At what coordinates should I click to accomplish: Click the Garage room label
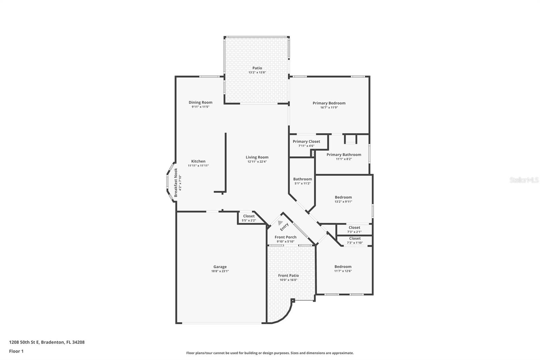(220, 267)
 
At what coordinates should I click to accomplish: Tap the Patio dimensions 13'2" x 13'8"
(257, 72)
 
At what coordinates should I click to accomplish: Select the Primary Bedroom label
(329, 103)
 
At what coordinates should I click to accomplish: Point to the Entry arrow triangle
(280, 223)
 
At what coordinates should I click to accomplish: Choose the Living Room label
(257, 157)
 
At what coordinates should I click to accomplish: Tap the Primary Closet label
(306, 142)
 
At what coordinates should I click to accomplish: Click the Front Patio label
(288, 276)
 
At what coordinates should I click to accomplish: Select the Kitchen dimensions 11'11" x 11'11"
(198, 165)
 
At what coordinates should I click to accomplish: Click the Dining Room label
(200, 102)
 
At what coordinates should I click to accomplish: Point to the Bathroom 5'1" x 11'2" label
(302, 179)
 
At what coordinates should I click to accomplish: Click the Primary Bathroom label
(344, 155)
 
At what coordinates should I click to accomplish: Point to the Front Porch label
(286, 237)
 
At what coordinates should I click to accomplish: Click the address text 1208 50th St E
(47, 342)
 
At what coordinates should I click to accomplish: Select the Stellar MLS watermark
(524, 180)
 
